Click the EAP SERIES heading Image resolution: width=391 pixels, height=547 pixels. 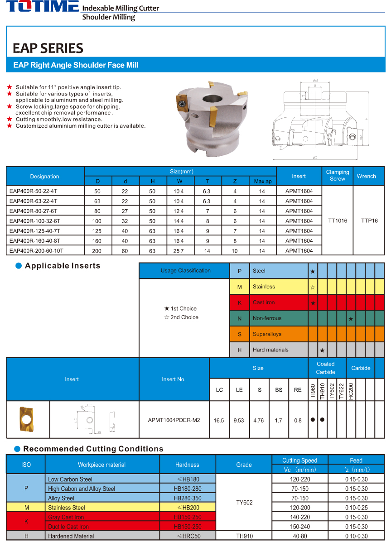coord(48,48)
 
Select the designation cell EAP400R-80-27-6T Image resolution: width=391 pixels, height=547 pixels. coord(34,211)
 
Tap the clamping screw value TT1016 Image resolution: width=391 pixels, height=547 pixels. coord(338,221)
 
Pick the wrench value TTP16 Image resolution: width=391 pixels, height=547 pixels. coord(369,221)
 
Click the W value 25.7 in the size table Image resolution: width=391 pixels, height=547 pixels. coord(179,251)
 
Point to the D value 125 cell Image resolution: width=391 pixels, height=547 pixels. coord(97,231)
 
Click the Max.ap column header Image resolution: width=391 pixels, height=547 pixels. coord(262,181)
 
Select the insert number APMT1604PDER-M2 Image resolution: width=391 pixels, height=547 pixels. coord(174,420)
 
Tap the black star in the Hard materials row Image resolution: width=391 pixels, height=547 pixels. coord(322,350)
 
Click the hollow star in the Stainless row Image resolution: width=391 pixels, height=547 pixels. coord(313,287)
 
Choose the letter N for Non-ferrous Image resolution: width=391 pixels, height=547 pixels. coord(240,318)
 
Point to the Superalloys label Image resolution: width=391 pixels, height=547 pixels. coord(267,334)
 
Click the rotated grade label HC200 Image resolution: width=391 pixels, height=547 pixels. coord(351,390)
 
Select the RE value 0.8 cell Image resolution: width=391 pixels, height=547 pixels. coord(298,420)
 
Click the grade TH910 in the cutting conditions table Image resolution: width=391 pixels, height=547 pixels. coord(244,536)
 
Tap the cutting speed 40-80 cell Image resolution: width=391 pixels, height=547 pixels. coord(299,536)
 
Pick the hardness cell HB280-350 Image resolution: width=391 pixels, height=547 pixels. coord(188,498)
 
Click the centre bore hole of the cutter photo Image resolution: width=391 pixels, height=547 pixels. coord(210,99)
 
